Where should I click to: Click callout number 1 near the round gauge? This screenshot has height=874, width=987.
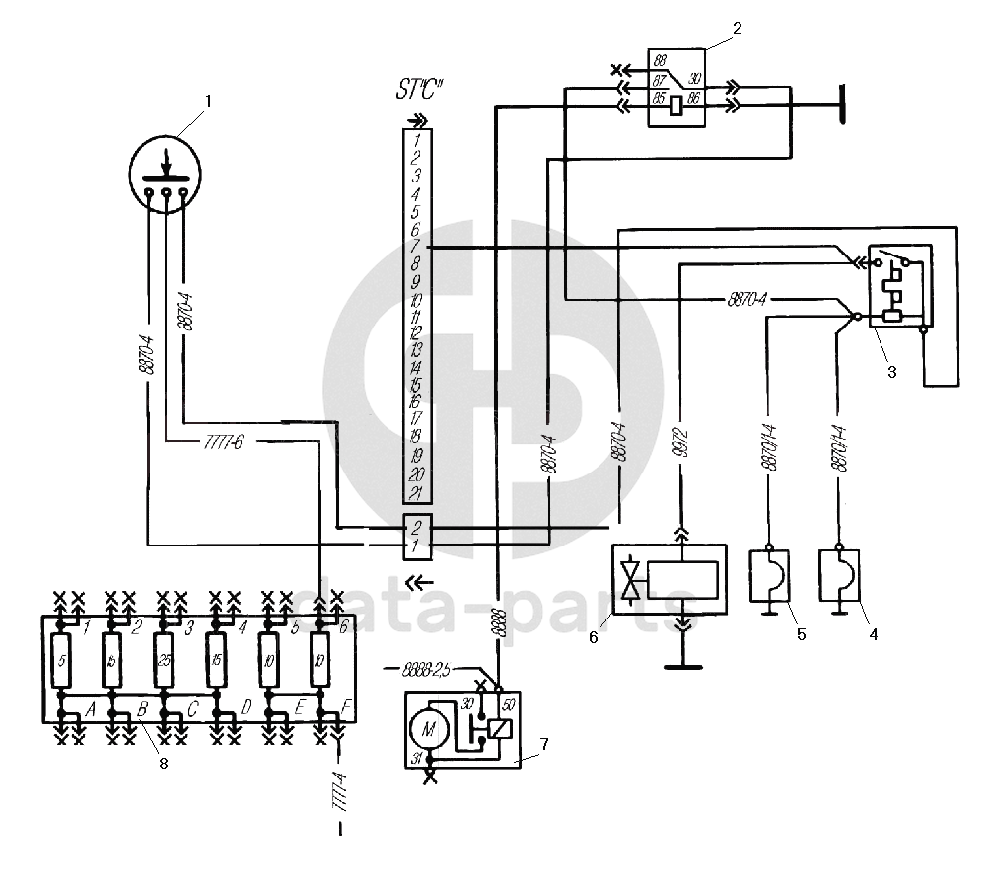pyautogui.click(x=207, y=100)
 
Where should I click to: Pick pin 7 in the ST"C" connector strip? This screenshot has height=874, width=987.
pyautogui.click(x=417, y=246)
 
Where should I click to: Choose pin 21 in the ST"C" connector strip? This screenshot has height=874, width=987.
pyautogui.click(x=417, y=492)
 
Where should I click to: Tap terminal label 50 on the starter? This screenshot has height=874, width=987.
pyautogui.click(x=509, y=704)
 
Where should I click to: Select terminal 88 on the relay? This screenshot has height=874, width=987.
pyautogui.click(x=658, y=62)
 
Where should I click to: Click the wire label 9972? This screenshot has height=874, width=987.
pyautogui.click(x=681, y=452)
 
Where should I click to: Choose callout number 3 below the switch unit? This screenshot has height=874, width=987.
pyautogui.click(x=891, y=373)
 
